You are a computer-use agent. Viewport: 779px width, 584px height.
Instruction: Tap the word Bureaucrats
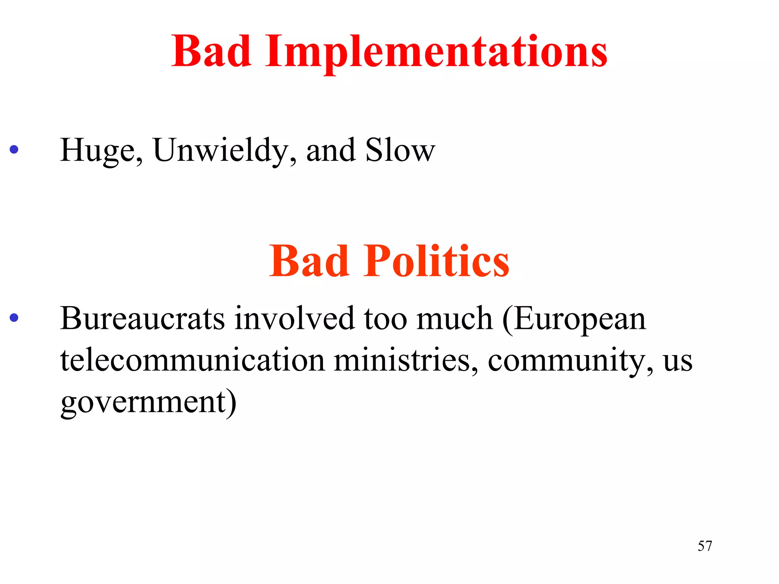pyautogui.click(x=143, y=319)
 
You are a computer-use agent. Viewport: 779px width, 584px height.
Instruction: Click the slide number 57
pyautogui.click(x=705, y=546)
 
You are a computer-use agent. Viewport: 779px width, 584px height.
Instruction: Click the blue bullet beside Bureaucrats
pyautogui.click(x=14, y=317)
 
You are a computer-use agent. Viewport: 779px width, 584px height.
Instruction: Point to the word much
pyautogui.click(x=455, y=319)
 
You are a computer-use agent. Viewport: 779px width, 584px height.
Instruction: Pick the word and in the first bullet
pyautogui.click(x=331, y=151)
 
